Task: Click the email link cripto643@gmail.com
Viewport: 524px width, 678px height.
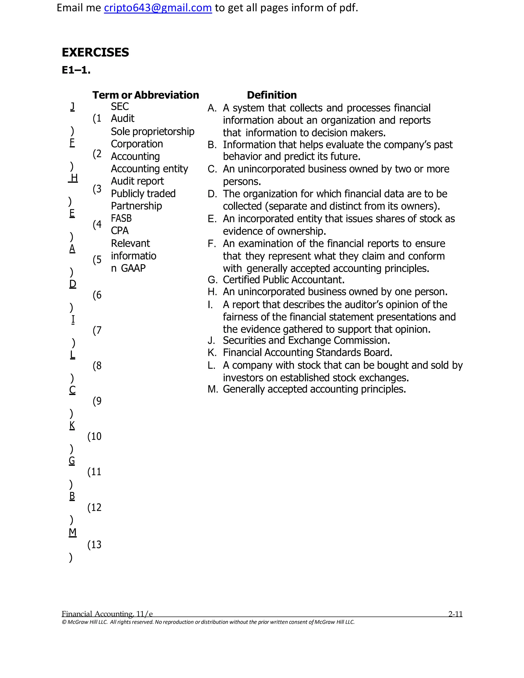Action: [158, 8]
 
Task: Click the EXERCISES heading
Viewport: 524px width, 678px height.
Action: [95, 52]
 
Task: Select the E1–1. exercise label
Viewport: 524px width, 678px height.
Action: [76, 70]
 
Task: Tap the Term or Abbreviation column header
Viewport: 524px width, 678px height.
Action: [145, 95]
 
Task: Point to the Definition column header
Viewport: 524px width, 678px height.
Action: [272, 95]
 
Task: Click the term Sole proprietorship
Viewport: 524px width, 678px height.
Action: [152, 131]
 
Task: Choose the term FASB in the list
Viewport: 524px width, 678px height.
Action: [121, 218]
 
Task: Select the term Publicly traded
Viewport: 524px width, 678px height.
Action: [143, 193]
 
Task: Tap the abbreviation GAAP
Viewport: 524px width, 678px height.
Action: [133, 268]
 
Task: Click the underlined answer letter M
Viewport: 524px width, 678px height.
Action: [72, 532]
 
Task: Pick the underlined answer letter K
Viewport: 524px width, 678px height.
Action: [72, 425]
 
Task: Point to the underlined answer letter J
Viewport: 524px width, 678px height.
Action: [72, 106]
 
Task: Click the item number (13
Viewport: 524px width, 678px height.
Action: [94, 544]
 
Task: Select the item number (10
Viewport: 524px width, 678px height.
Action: [94, 436]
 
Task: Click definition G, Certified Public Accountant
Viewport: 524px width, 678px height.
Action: [283, 280]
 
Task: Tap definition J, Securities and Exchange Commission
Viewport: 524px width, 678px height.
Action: [306, 341]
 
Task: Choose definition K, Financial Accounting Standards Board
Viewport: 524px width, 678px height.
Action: [307, 353]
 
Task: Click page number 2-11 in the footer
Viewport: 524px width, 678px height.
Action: [455, 614]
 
